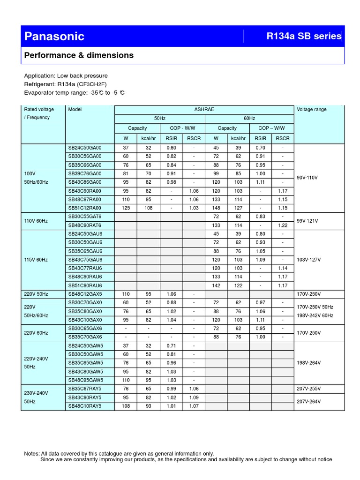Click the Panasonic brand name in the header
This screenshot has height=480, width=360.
(54, 37)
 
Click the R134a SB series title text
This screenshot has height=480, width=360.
(304, 36)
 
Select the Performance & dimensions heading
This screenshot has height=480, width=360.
(79, 55)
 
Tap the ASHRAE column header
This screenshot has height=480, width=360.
(204, 110)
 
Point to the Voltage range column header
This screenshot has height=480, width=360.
(312, 110)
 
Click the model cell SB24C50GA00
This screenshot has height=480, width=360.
(85, 148)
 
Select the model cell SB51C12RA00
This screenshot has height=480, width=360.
(85, 208)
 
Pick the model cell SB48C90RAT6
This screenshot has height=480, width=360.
(85, 225)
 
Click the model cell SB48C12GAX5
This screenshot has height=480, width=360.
(85, 294)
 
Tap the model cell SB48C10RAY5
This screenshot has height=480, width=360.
(85, 406)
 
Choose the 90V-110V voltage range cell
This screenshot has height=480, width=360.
(307, 178)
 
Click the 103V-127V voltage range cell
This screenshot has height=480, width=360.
(308, 260)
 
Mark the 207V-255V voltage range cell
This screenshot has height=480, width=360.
(308, 389)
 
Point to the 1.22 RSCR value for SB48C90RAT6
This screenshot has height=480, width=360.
(283, 225)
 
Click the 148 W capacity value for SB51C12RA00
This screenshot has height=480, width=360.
(216, 208)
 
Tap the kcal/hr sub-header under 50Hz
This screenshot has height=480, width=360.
(149, 138)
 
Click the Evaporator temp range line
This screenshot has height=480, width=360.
(74, 93)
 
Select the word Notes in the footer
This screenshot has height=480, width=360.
(31, 454)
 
